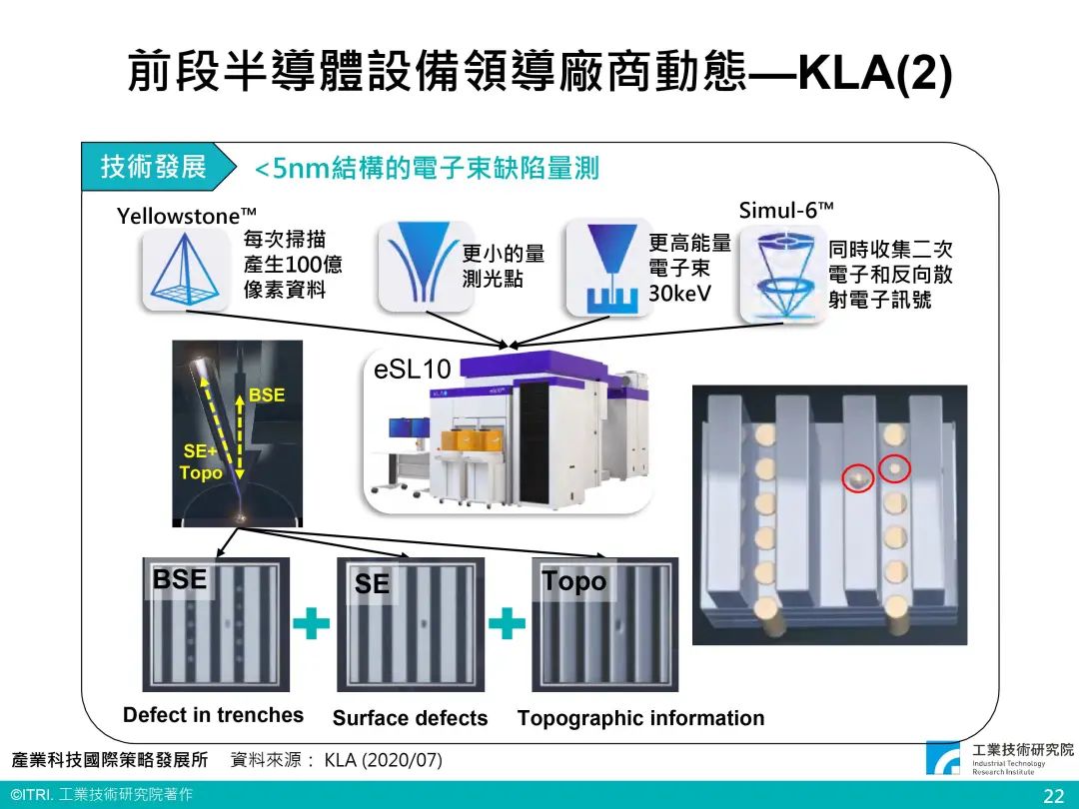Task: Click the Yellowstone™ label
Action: tap(187, 216)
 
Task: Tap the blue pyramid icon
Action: tap(185, 270)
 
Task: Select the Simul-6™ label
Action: tap(786, 210)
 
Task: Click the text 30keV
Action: tap(680, 293)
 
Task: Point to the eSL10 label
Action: tap(413, 370)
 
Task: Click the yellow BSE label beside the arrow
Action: tap(267, 395)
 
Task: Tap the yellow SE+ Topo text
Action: tap(201, 461)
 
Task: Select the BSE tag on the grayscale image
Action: tap(180, 579)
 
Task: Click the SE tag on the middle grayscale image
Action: tap(373, 583)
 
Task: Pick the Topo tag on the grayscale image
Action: tap(574, 581)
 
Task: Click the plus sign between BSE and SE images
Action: tap(311, 624)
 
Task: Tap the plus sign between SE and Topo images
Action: tap(507, 624)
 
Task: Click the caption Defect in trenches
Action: tap(214, 715)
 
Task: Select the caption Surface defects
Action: tap(411, 718)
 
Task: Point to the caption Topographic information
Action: tap(641, 718)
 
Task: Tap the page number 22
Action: tap(1054, 796)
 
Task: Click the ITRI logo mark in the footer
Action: tap(943, 757)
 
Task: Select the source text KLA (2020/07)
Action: tap(384, 760)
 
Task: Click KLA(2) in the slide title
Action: tap(874, 72)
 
